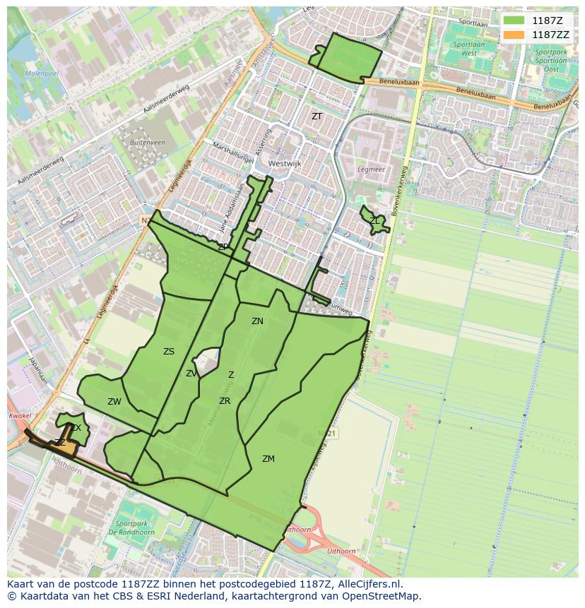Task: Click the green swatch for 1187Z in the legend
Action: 514,20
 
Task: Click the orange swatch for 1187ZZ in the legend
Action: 514,35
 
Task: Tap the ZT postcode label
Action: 317,117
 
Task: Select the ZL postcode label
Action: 374,221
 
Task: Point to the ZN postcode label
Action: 257,321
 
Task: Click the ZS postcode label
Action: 168,352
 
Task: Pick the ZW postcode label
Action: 114,402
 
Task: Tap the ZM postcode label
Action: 268,459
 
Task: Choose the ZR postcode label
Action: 224,401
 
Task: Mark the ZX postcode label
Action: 76,428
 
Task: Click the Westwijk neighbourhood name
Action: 284,163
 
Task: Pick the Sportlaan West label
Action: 469,49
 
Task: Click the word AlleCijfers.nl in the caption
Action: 368,584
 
